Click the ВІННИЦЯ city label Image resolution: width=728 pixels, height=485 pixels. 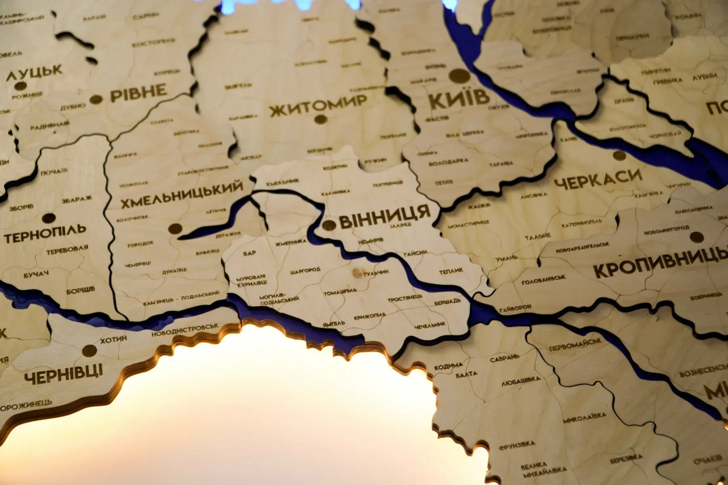[384, 217]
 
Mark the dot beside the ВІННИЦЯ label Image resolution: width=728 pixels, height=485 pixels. [329, 225]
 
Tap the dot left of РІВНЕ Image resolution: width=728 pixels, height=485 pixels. [96, 99]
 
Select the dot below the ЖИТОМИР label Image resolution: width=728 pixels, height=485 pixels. [320, 119]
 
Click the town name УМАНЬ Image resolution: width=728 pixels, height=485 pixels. [508, 257]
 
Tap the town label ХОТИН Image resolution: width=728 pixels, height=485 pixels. [113, 339]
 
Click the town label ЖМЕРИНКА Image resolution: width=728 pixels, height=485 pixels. [291, 242]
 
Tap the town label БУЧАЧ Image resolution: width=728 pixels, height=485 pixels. [36, 275]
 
